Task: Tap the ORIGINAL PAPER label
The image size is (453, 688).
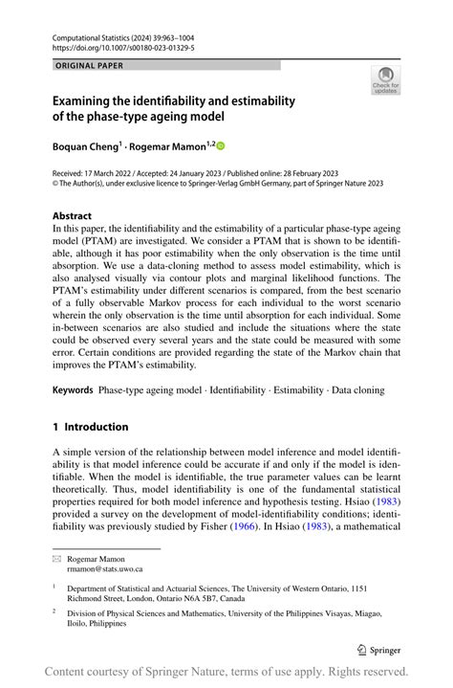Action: (90, 66)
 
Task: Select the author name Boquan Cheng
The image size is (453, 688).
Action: (85, 146)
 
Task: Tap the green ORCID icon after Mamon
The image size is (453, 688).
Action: (221, 146)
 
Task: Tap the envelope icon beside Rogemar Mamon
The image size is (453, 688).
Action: (57, 557)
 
